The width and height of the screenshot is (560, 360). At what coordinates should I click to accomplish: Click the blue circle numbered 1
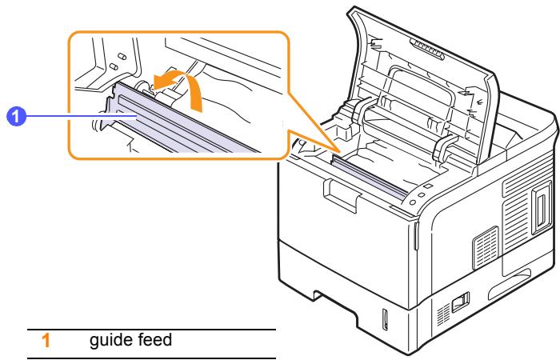17,117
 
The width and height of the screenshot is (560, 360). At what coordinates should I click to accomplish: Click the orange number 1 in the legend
46,340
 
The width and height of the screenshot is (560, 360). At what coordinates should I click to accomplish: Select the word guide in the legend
110,340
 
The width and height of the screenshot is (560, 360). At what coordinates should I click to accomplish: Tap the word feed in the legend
155,339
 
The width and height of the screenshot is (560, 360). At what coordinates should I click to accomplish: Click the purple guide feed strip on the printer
370,177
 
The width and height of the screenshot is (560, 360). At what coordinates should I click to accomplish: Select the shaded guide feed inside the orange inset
182,122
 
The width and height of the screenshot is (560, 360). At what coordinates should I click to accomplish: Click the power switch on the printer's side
460,302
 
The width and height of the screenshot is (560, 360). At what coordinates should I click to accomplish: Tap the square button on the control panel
429,186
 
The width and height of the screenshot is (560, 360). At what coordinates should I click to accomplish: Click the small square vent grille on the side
486,247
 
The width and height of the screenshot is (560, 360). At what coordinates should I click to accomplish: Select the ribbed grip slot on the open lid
426,49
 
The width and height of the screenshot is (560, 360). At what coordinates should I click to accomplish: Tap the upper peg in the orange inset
122,57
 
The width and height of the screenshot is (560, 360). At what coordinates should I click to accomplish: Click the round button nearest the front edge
413,202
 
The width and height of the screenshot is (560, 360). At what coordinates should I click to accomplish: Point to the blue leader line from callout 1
81,116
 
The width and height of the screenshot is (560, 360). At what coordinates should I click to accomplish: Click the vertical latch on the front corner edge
417,236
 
